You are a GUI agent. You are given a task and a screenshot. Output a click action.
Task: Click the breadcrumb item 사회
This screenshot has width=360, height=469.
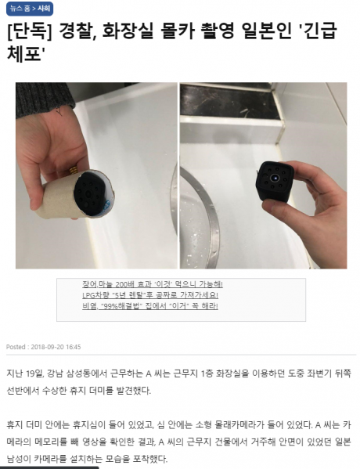[44, 7]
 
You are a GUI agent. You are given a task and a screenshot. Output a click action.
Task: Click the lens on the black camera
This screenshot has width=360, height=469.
[275, 179]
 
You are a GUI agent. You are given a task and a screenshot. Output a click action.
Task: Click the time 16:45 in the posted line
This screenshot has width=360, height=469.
[73, 346]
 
